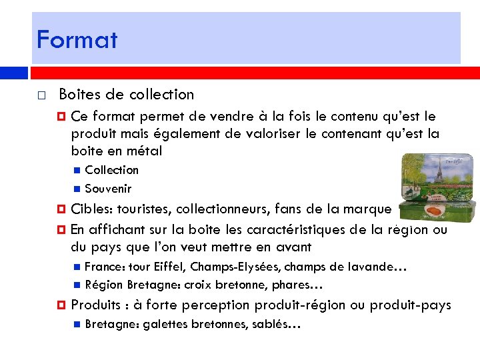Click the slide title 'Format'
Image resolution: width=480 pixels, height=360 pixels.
tap(77, 40)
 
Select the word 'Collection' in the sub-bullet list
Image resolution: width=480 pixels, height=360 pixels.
tap(112, 170)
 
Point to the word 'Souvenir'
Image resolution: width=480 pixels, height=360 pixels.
tap(109, 189)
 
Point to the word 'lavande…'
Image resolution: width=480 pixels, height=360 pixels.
tap(379, 267)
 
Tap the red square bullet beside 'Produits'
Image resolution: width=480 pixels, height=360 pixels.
tap(61, 305)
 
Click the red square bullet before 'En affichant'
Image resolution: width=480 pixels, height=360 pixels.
tap(61, 229)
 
